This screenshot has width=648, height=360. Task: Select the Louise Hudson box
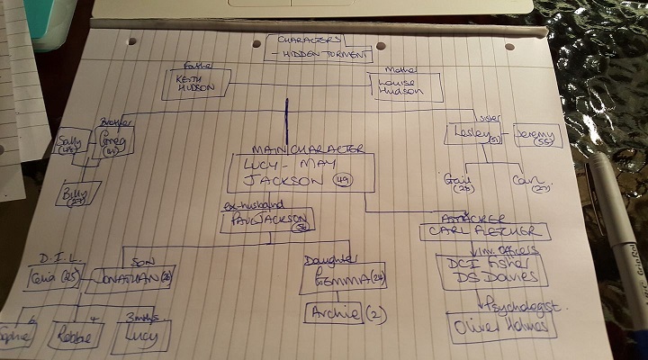[x=408, y=88]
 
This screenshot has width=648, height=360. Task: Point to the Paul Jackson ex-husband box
[x=267, y=220]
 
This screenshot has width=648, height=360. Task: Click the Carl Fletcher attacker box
[x=483, y=230]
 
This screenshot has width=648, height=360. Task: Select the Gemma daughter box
[x=344, y=276]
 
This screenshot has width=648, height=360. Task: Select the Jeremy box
[x=536, y=136]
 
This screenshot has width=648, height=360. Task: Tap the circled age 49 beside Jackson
[x=342, y=181]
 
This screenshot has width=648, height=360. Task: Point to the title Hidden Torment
[x=324, y=55]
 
